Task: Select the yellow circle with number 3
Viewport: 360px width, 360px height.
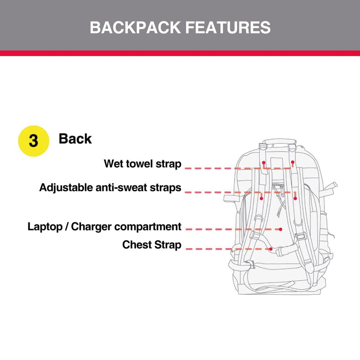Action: [33, 140]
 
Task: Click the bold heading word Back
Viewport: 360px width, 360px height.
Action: [75, 139]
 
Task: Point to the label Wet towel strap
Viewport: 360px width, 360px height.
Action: [143, 163]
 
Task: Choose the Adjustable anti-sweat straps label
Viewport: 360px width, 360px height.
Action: [110, 187]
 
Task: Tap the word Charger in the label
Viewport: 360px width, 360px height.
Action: [91, 226]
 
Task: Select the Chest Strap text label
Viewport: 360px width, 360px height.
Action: [152, 245]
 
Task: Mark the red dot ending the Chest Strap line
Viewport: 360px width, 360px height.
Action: [271, 248]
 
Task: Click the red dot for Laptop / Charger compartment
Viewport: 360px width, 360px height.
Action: [281, 229]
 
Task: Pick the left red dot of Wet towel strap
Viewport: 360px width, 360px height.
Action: [264, 162]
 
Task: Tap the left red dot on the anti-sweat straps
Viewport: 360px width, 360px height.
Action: [261, 197]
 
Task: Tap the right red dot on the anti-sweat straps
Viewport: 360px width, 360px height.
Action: [295, 197]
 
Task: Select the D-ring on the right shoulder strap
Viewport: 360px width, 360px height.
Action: [298, 221]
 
